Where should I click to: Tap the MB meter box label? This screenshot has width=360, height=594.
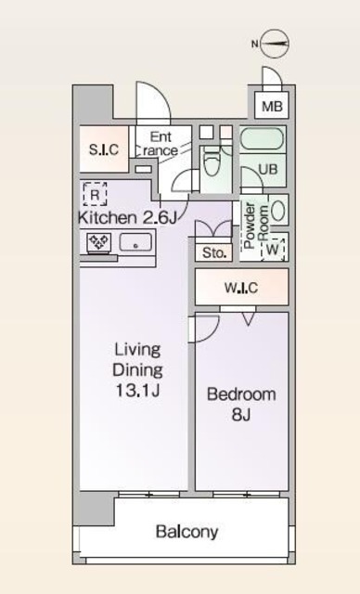[x=272, y=107]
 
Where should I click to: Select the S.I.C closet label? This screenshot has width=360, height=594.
[x=104, y=149]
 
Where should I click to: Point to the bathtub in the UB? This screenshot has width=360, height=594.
[x=262, y=139]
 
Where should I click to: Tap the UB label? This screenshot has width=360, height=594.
[x=268, y=169]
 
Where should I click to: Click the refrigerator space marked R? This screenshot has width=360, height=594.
[x=95, y=194]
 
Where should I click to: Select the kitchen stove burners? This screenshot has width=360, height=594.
[x=99, y=241]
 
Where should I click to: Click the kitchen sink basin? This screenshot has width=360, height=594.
[x=135, y=242]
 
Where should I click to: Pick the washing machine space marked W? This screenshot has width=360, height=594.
[x=273, y=250]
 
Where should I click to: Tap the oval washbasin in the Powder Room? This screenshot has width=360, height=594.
[x=278, y=210]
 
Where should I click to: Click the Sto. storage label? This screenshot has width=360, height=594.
[x=214, y=252]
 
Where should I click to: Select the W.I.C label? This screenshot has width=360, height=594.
[x=241, y=288]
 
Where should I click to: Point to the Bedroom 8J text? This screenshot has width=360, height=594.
[x=241, y=405]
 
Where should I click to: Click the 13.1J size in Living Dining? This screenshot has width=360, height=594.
[x=137, y=390]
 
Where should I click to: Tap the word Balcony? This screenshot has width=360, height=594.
[x=187, y=532]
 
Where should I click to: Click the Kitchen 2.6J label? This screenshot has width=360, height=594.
[x=127, y=218]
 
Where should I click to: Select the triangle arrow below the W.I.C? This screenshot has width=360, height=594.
[x=249, y=318]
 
